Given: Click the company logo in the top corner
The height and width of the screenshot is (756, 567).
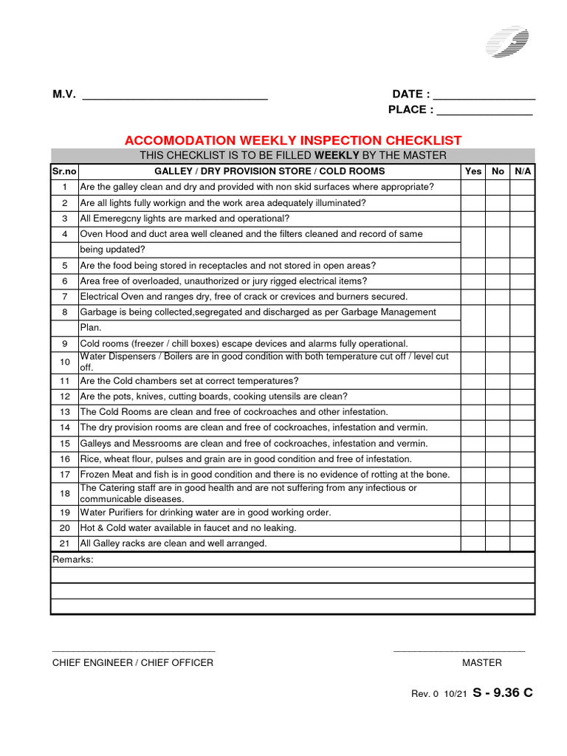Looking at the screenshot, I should pyautogui.click(x=507, y=42).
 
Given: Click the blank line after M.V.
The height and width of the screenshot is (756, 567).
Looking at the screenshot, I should pyautogui.click(x=174, y=97).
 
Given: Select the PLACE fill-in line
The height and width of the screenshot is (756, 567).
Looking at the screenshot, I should pyautogui.click(x=484, y=113).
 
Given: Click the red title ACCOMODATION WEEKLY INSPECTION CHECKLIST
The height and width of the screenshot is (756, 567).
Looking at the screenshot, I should pyautogui.click(x=293, y=140).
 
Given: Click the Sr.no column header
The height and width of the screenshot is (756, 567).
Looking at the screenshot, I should pyautogui.click(x=64, y=171).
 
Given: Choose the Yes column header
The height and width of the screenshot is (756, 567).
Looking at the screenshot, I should pyautogui.click(x=473, y=171).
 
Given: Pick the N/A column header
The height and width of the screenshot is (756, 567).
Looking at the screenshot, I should pyautogui.click(x=522, y=171).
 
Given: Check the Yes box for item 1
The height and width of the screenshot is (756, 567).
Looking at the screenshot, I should pyautogui.click(x=473, y=187).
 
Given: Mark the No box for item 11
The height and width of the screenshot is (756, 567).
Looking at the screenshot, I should pyautogui.click(x=498, y=381).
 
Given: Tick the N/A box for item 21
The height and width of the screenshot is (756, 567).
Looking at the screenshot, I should pyautogui.click(x=522, y=543).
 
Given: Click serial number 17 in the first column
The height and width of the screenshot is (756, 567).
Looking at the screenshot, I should pyautogui.click(x=64, y=475).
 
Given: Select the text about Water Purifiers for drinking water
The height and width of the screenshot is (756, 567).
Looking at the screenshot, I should pyautogui.click(x=205, y=512).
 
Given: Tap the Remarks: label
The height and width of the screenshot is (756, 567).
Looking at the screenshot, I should pyautogui.click(x=73, y=560).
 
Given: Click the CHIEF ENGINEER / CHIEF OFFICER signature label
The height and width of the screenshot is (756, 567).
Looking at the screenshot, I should pyautogui.click(x=132, y=663).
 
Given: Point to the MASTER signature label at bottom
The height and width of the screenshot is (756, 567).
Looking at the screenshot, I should pyautogui.click(x=481, y=663).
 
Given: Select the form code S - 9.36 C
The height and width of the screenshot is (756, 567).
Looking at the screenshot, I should pyautogui.click(x=502, y=693).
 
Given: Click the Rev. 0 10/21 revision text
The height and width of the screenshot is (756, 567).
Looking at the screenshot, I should pyautogui.click(x=439, y=694).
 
